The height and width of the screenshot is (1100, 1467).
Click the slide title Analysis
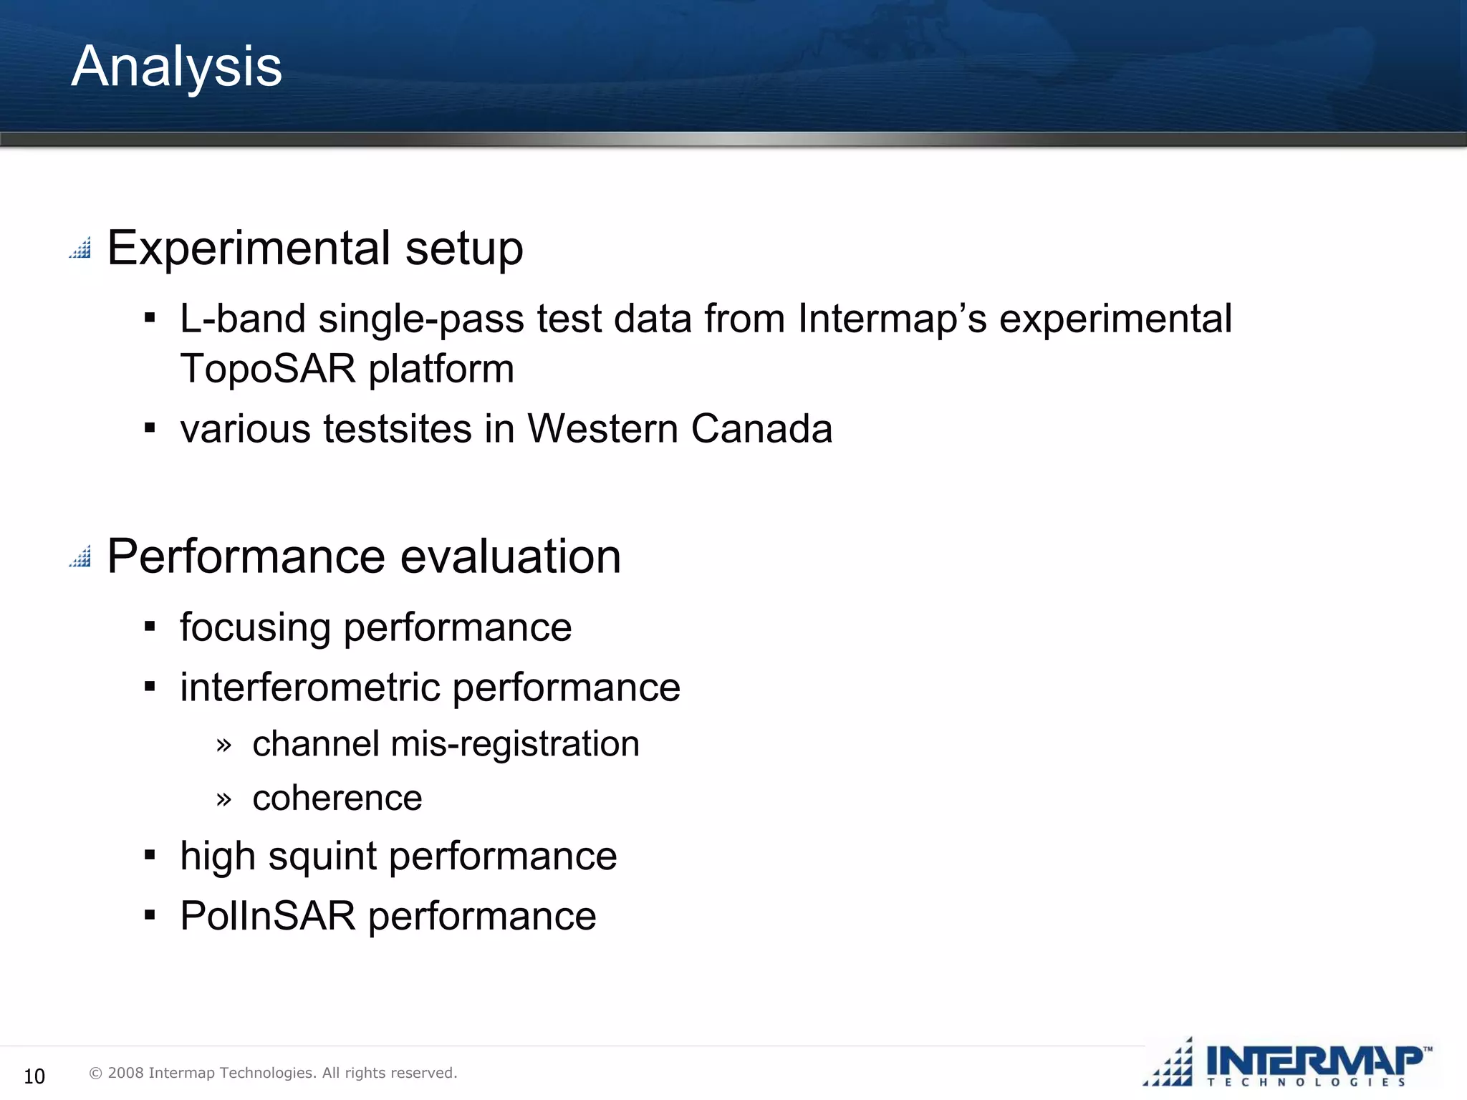coord(176,67)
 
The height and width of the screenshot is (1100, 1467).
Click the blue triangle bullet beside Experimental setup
coord(80,248)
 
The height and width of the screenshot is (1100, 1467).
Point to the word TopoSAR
coord(267,369)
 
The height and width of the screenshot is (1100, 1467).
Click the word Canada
coord(761,429)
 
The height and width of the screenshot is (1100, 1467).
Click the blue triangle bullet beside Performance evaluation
coord(80,556)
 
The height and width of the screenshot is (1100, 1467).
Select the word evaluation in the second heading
coord(510,556)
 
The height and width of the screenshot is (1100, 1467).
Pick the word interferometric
coord(310,687)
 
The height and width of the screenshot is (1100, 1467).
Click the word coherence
coord(337,798)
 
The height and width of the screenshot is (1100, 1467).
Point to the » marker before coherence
coord(223,799)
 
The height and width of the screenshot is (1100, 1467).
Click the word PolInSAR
coord(267,916)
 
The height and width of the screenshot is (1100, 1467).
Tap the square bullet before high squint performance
coord(150,855)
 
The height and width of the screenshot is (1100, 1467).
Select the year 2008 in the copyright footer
coord(125,1073)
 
